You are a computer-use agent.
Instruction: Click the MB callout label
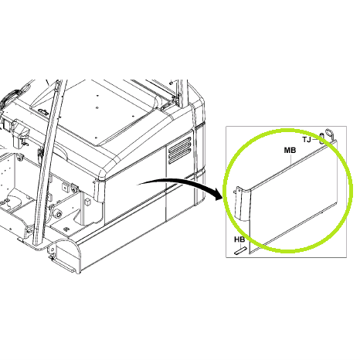pyautogui.click(x=290, y=150)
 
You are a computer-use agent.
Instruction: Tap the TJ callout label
pyautogui.click(x=307, y=140)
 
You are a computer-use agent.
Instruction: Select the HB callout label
pyautogui.click(x=239, y=239)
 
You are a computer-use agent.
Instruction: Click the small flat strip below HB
pyautogui.click(x=240, y=250)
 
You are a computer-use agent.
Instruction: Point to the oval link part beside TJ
pyautogui.click(x=322, y=139)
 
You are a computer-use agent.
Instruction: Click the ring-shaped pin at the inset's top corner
pyautogui.click(x=329, y=134)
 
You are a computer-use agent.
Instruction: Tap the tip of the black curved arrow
pyautogui.click(x=222, y=198)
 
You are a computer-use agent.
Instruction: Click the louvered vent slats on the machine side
pyautogui.click(x=179, y=150)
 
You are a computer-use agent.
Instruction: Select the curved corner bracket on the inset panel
pyautogui.click(x=242, y=204)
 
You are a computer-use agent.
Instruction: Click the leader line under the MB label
pyautogui.click(x=291, y=160)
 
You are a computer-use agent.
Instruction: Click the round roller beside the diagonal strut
pyautogui.click(x=58, y=214)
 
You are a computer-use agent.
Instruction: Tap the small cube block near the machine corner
pyautogui.click(x=87, y=202)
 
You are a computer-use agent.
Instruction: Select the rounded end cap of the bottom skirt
pyautogui.click(x=67, y=255)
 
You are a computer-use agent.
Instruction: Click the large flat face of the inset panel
pyautogui.click(x=294, y=195)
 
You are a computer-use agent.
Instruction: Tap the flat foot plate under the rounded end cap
pyautogui.click(x=63, y=265)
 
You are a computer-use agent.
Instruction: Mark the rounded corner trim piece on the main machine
pyautogui.click(x=99, y=189)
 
